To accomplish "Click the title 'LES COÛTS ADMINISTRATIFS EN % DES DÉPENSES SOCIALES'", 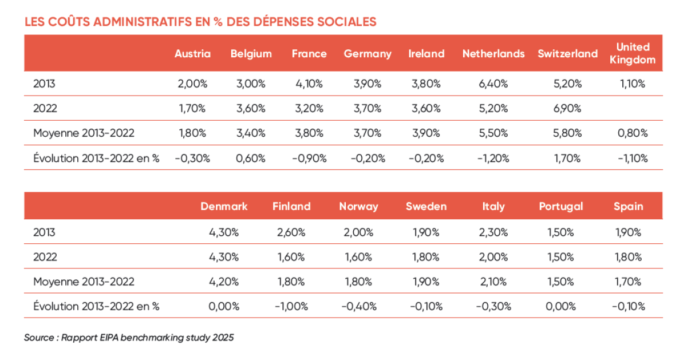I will [200, 22].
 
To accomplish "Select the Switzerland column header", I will [568, 54].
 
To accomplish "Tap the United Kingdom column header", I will [633, 53].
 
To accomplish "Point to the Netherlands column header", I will [493, 54].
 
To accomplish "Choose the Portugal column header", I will [561, 207].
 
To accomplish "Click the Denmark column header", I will [224, 207].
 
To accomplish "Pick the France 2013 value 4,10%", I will [309, 84].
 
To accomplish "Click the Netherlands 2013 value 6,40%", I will [493, 84].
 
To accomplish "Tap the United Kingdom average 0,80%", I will [633, 133].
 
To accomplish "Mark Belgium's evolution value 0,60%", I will [251, 159].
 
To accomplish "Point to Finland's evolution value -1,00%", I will [291, 306].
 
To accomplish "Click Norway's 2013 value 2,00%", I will [358, 232].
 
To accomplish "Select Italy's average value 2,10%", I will [493, 282].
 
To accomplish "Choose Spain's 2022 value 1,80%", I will [628, 257].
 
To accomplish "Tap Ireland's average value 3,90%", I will [426, 133].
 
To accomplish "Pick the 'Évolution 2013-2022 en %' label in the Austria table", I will [96, 159].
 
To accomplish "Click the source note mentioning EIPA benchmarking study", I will [129, 338].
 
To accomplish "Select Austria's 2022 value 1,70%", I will [192, 108].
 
